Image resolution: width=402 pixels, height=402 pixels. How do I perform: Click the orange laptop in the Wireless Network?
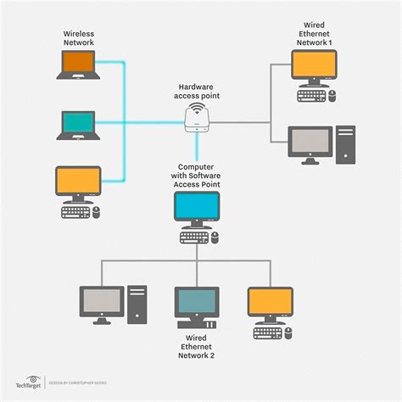(79, 65)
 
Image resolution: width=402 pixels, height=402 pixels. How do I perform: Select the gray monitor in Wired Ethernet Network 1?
(309, 142)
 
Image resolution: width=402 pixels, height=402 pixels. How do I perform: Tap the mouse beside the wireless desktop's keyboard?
(96, 210)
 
